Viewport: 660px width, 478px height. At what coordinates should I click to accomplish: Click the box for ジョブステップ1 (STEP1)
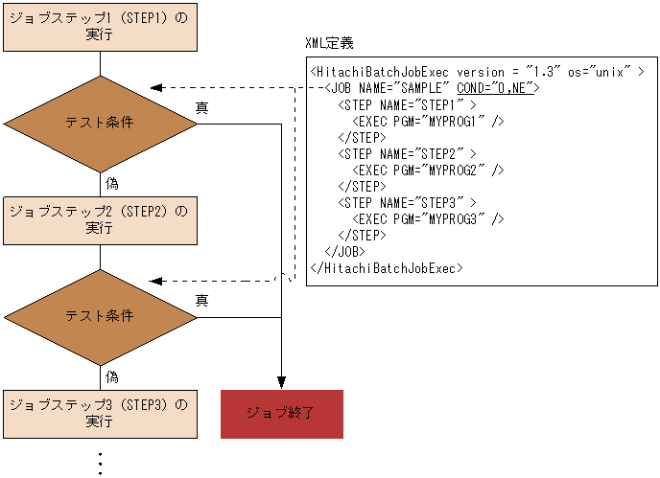[x=100, y=26]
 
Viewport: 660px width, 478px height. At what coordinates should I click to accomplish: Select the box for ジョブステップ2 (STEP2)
[x=100, y=219]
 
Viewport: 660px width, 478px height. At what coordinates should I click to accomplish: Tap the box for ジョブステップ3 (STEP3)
[x=100, y=413]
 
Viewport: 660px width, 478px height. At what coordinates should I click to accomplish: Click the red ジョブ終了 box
[x=281, y=414]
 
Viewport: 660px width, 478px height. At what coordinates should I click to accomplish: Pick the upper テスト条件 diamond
[x=100, y=123]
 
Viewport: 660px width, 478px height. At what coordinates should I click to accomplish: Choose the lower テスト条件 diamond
[x=100, y=316]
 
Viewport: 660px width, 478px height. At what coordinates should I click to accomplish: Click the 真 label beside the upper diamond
[x=201, y=107]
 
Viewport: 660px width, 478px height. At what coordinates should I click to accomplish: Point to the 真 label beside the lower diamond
[x=201, y=301]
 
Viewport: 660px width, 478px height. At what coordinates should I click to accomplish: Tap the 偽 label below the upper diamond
[x=112, y=183]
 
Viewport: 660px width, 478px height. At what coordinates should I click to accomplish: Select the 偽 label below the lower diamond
[x=112, y=376]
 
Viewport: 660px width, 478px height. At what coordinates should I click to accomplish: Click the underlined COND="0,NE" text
[x=498, y=88]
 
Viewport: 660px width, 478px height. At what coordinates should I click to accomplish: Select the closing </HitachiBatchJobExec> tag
[x=387, y=267]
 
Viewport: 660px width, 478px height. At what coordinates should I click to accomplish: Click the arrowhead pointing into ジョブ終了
[x=281, y=378]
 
